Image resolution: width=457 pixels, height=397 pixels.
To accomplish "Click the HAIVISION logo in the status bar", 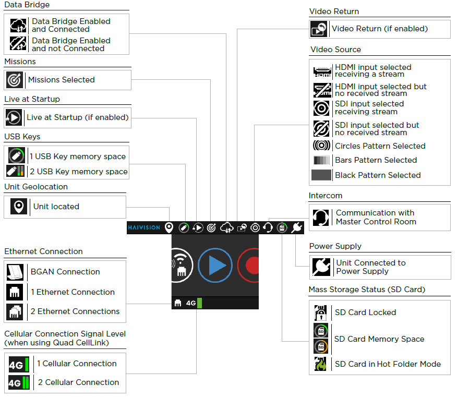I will click(145, 227).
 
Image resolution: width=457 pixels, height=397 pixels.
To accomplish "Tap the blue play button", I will click(215, 266).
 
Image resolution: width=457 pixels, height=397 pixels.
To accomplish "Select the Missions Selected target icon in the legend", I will click(15, 80).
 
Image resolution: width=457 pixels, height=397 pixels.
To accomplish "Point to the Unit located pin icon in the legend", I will click(19, 207).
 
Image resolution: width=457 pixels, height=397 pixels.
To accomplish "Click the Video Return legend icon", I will click(319, 29).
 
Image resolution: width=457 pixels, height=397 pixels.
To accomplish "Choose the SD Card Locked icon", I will click(320, 312).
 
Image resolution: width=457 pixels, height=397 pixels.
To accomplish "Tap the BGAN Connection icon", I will click(15, 272).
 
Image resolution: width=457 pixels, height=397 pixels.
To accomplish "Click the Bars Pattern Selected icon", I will click(321, 160).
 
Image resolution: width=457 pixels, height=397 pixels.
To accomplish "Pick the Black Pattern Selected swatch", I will click(321, 175).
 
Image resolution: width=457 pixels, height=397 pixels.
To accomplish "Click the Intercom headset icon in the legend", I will click(320, 217).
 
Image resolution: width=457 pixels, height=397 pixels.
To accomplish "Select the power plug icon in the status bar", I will click(297, 227).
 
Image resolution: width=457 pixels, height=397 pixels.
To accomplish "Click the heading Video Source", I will click(335, 50).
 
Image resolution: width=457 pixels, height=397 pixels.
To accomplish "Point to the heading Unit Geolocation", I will click(36, 187).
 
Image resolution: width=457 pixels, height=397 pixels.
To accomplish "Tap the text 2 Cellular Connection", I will click(78, 382).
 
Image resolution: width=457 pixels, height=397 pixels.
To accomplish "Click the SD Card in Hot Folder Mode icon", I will click(320, 364).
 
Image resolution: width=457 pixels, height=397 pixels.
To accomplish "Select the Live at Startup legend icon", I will click(14, 117).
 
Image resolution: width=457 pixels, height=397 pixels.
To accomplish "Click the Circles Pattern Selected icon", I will click(321, 146).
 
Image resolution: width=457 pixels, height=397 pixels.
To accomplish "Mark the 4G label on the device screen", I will click(190, 303).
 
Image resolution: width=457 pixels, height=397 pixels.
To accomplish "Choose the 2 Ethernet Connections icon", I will click(15, 311).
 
